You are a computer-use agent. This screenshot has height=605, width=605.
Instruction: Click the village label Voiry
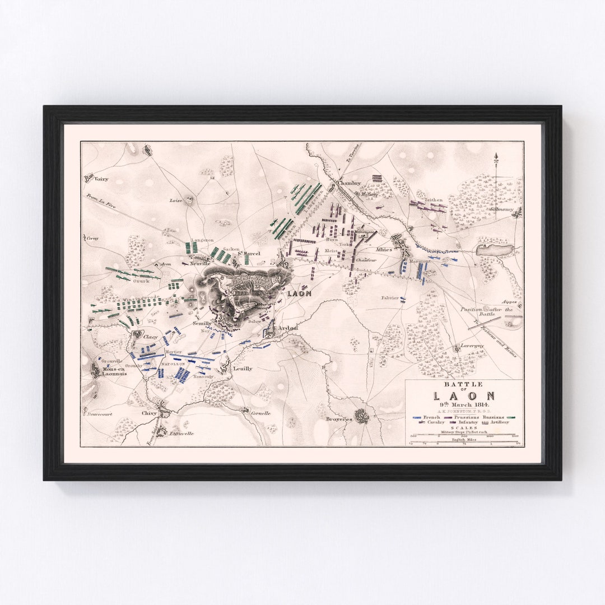(x=101, y=179)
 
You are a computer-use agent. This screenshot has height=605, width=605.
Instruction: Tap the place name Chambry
(x=349, y=183)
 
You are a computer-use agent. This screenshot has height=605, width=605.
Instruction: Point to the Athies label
(x=384, y=249)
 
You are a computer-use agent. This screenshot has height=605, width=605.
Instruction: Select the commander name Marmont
(x=420, y=261)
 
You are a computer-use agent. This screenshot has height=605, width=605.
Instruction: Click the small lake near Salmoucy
(x=495, y=250)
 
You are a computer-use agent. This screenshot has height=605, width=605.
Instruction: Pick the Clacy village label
(x=151, y=337)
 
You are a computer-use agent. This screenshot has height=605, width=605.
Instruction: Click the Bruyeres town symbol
(x=361, y=415)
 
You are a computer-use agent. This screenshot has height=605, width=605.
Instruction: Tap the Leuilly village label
(x=243, y=369)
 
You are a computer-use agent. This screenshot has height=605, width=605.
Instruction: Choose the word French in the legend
(x=432, y=417)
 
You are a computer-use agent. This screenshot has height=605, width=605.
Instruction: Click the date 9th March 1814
(x=464, y=404)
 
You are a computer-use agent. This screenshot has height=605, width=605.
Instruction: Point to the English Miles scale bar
(x=464, y=444)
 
